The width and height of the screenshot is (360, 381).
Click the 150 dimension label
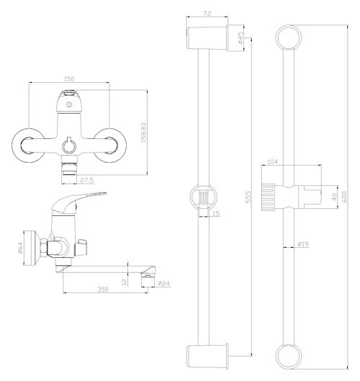pos(69,79)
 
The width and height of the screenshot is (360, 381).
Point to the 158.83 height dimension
pos(144,133)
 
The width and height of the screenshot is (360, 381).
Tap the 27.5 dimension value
pos(86,180)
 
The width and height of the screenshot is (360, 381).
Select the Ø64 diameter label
pos(20,248)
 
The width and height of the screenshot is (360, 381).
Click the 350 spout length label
pos(103,289)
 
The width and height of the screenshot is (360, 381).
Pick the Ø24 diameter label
pos(163,283)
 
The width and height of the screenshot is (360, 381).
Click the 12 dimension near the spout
pos(125,282)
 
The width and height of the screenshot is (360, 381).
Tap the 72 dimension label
pos(207,14)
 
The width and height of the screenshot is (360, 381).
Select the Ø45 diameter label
pos(240,37)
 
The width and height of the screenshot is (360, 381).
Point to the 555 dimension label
pos(248,197)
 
